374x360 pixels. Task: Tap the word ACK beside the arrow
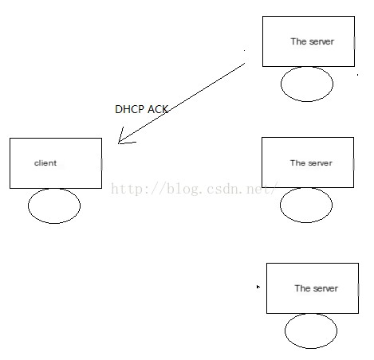[x=158, y=109]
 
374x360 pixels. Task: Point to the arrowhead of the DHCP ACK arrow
[x=119, y=143]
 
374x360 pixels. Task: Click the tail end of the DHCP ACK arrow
[x=245, y=63]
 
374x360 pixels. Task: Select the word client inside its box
[x=45, y=162]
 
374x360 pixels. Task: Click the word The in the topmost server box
[x=298, y=41]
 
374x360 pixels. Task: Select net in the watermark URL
[x=258, y=189]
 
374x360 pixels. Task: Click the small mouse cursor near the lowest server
[x=258, y=287]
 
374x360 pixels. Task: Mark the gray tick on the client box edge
[x=101, y=165]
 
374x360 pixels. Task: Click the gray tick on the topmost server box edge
[x=354, y=43]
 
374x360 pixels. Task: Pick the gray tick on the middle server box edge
[x=353, y=164]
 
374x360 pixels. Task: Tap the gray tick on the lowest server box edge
[x=358, y=290]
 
